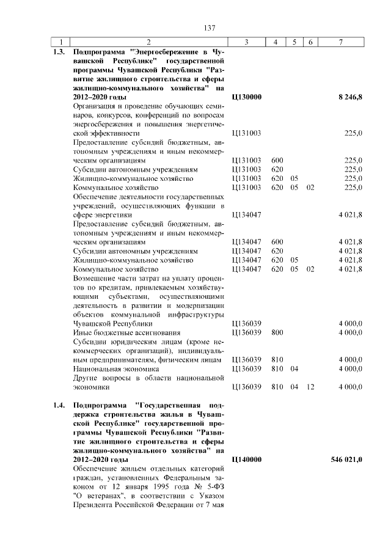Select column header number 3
(246, 42)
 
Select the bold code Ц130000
(247, 97)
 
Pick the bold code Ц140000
(247, 459)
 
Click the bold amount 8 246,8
(350, 97)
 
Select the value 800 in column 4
(276, 332)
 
